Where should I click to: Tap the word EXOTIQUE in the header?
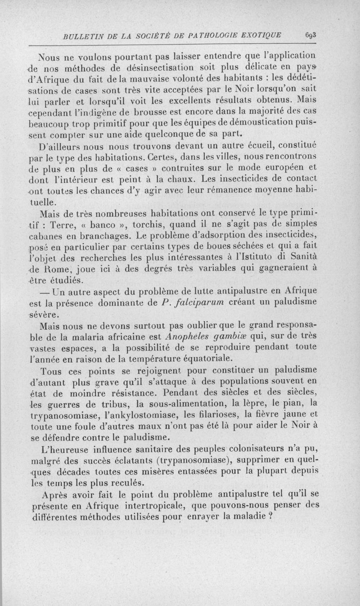[x=261, y=36]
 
